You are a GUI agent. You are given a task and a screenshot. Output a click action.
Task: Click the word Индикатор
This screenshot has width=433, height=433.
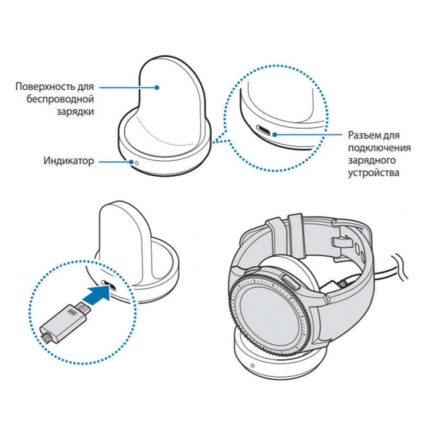coord(68,162)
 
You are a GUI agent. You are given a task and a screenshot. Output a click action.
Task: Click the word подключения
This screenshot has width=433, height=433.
coord(379,148)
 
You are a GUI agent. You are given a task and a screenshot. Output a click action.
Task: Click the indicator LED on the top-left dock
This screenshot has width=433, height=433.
coord(137,162)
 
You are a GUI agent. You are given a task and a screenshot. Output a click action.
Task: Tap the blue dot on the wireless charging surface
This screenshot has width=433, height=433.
coord(158,87)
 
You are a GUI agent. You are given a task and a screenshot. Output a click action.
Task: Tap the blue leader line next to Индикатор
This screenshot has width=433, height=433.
coord(115,162)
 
